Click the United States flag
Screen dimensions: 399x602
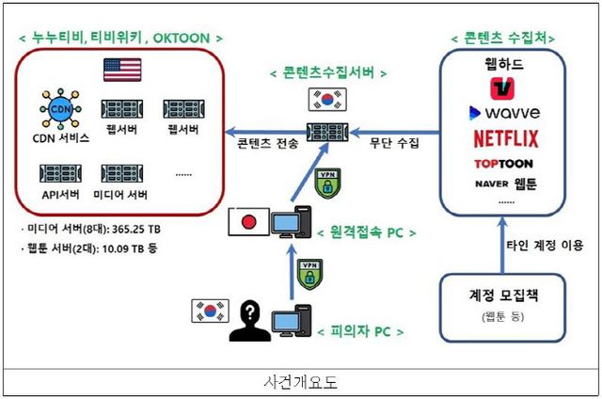(x=122, y=70)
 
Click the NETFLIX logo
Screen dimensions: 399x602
(x=506, y=138)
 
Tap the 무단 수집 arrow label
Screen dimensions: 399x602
(x=394, y=144)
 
